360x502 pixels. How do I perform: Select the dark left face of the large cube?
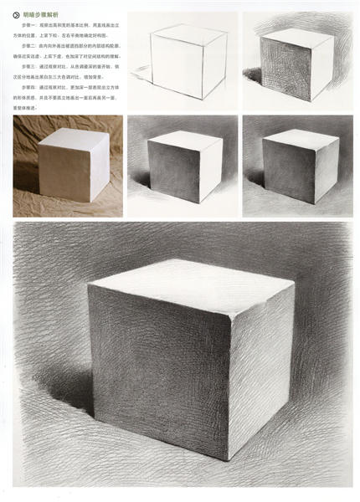(x=159, y=368)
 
